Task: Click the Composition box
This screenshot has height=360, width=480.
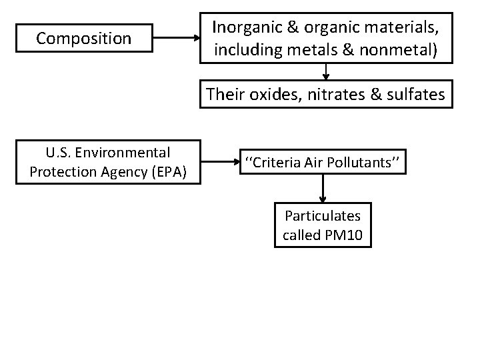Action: [84, 39]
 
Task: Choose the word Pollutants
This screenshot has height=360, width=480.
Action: [364, 162]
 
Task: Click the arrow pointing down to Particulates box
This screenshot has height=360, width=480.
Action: [323, 191]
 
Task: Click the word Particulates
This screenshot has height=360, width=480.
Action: [323, 216]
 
